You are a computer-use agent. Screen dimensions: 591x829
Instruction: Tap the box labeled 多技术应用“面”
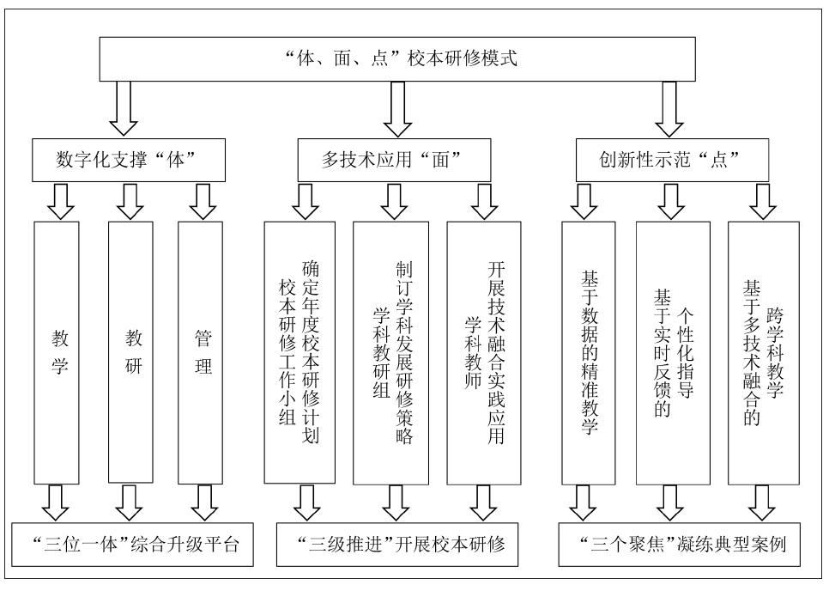pyautogui.click(x=393, y=160)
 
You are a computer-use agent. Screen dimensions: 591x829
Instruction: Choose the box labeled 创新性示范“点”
pyautogui.click(x=672, y=160)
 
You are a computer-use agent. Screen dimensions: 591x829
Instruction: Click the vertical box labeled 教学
pyautogui.click(x=56, y=353)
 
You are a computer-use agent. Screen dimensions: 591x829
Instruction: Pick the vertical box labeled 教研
pyautogui.click(x=130, y=353)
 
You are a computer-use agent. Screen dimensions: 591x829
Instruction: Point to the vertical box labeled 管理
pyautogui.click(x=202, y=353)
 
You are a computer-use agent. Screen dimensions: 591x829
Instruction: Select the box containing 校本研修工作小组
pyautogui.click(x=300, y=353)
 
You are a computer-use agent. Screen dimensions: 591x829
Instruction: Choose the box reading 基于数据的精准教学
pyautogui.click(x=588, y=353)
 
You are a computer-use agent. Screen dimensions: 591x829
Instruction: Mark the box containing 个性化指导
pyautogui.click(x=672, y=353)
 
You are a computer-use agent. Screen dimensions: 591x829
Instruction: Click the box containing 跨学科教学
pyautogui.click(x=763, y=353)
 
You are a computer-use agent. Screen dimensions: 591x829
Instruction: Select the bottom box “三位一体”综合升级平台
pyautogui.click(x=132, y=545)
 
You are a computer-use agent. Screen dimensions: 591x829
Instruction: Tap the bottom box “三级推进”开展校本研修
pyautogui.click(x=393, y=545)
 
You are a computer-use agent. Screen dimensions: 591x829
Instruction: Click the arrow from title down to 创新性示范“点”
pyautogui.click(x=672, y=110)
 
